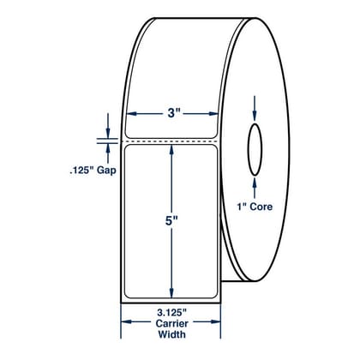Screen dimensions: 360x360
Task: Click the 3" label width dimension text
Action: (171, 114)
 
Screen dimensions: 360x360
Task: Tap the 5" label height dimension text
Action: (171, 221)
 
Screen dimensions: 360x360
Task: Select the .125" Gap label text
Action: (93, 171)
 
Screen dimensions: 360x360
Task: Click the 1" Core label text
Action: (255, 207)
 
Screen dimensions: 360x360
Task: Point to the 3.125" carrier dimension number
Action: (171, 313)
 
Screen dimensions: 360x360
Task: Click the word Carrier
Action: (171, 323)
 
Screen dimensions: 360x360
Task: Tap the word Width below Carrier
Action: (171, 334)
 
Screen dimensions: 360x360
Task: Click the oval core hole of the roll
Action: (255, 149)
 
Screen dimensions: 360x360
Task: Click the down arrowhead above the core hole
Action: (255, 116)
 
